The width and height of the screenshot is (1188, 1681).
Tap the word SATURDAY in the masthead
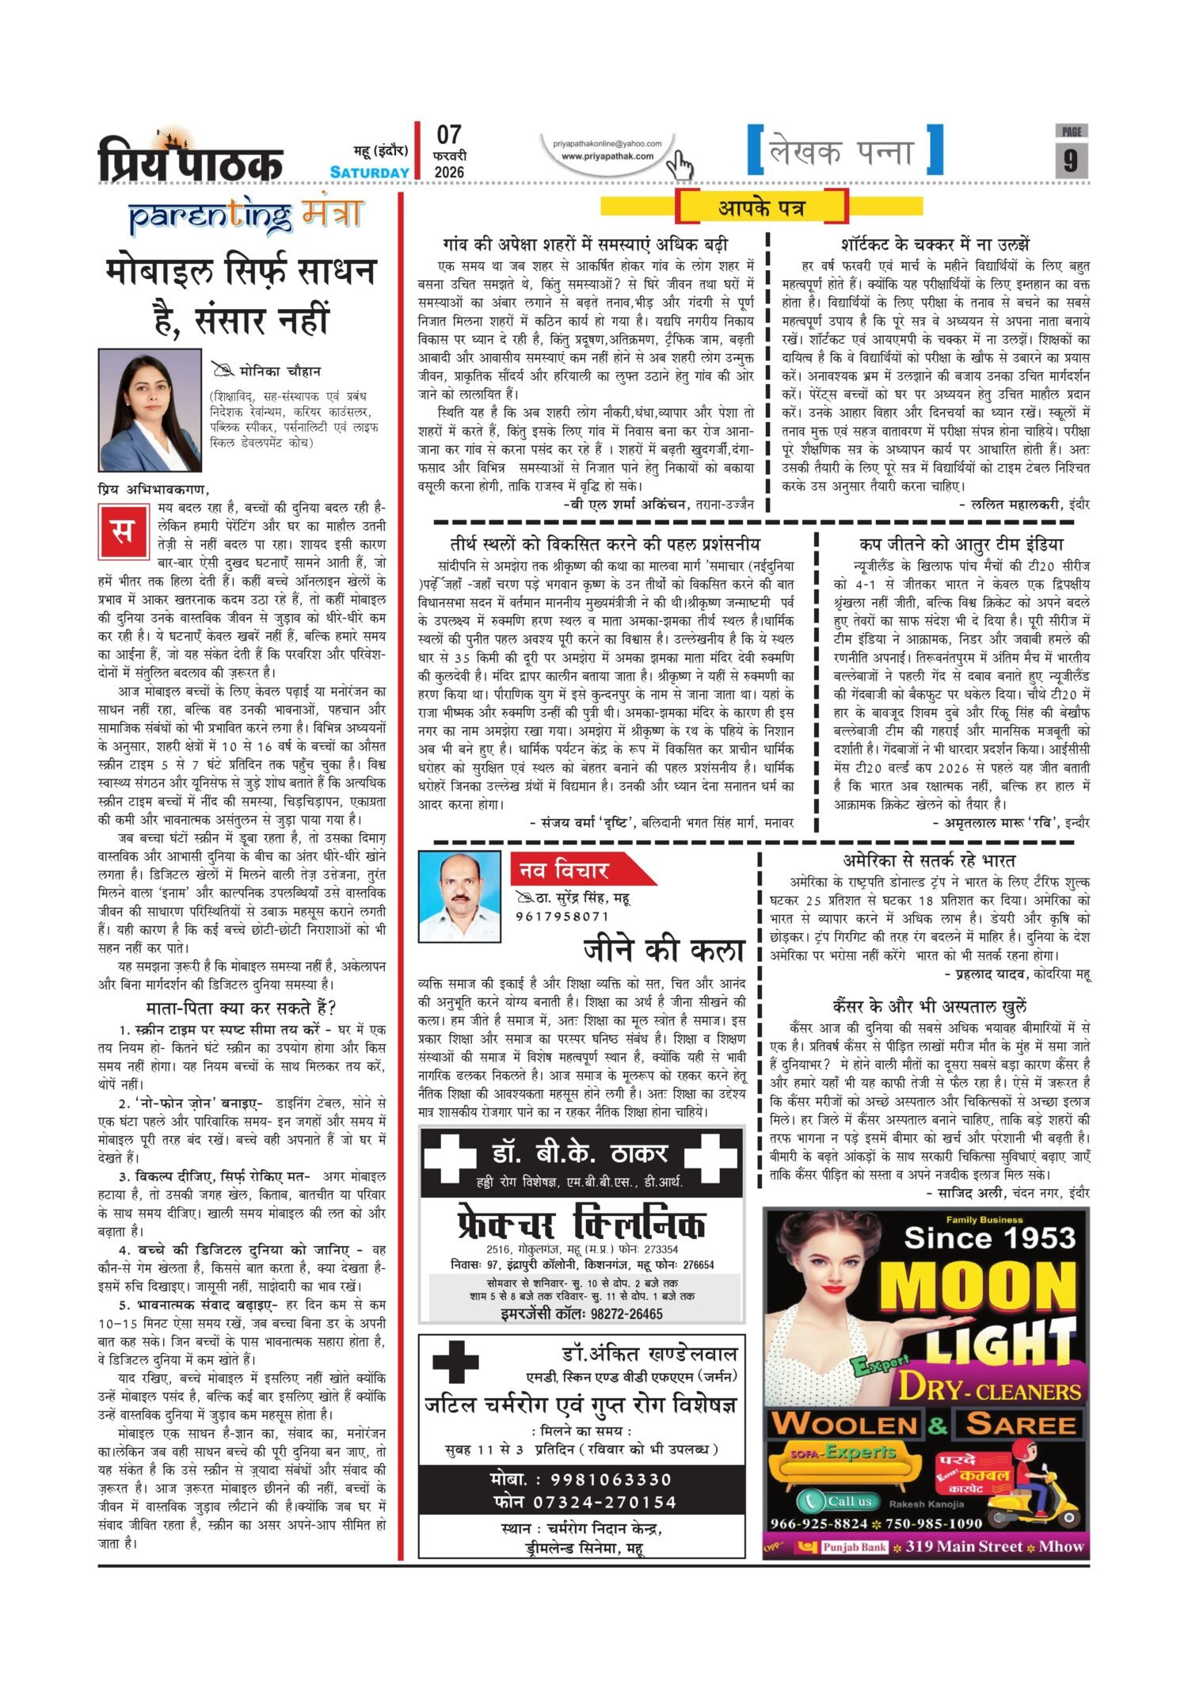point(370,172)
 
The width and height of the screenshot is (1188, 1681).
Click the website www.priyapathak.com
point(607,156)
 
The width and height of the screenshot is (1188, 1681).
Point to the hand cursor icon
point(679,165)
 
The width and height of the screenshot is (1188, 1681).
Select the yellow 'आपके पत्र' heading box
point(761,208)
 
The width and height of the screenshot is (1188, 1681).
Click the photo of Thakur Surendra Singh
point(459,896)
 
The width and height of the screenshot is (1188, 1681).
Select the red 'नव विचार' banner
point(578,870)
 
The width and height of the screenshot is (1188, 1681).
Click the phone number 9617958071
point(562,917)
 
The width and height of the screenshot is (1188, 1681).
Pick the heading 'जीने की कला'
point(664,950)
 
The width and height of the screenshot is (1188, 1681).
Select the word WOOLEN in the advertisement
point(844,1424)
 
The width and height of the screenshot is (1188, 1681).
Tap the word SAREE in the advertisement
point(1020,1424)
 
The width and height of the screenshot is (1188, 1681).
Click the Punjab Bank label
point(852,1546)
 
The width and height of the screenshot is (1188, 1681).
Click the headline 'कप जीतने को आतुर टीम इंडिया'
point(961,544)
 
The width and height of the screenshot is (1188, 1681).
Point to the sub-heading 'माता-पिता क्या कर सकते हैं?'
point(242,1008)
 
